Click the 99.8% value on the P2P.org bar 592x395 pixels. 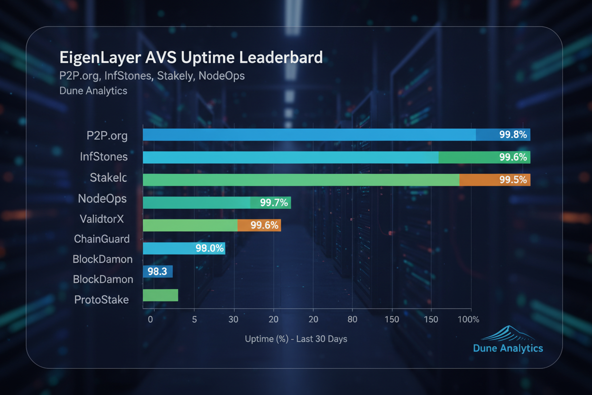513,135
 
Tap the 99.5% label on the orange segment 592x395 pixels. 513,180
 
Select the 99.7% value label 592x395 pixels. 274,203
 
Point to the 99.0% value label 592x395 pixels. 209,248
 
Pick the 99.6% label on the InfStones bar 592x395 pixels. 513,157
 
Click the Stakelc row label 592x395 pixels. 109,178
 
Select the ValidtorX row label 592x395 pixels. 102,219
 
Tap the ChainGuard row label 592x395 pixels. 102,239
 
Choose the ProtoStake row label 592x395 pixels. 102,300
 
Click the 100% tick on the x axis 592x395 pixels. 468,320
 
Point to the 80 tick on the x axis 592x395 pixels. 352,320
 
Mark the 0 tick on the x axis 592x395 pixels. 150,320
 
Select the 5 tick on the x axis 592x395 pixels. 194,320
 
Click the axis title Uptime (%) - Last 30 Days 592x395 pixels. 296,339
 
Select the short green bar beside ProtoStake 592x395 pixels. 160,295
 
